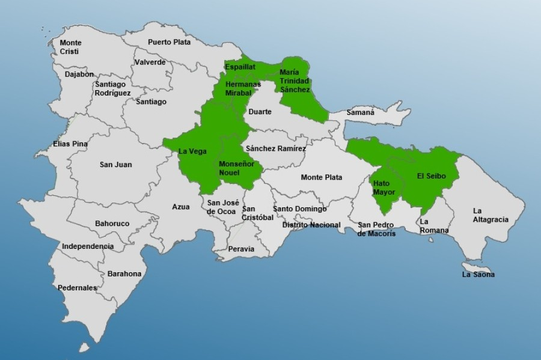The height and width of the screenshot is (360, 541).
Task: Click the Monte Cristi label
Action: (70, 47)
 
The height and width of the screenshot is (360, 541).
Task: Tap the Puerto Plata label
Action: (169, 42)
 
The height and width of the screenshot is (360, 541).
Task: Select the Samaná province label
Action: (360, 112)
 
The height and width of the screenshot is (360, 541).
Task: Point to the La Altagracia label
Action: (490, 215)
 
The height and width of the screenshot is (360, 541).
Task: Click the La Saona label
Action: (478, 275)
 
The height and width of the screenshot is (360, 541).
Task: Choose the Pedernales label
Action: (77, 288)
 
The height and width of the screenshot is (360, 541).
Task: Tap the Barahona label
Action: (124, 274)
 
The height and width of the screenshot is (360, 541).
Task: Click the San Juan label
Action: (115, 165)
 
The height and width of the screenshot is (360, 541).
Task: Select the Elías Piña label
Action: (70, 144)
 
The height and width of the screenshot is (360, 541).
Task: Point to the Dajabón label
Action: (79, 75)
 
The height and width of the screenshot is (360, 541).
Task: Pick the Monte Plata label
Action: (322, 177)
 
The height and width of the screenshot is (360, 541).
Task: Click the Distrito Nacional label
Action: (311, 225)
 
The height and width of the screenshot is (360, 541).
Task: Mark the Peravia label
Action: (241, 249)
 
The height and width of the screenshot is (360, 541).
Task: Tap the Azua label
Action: (180, 207)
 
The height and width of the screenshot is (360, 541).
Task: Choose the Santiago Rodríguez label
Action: (112, 88)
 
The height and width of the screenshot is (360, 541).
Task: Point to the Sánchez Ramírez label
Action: (275, 148)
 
